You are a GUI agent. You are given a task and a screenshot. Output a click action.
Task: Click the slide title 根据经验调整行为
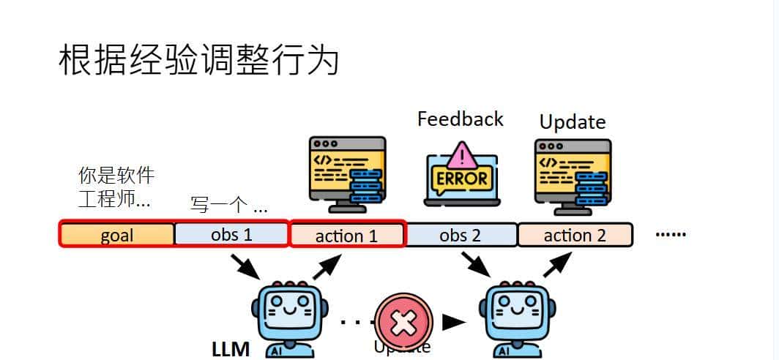point(198,61)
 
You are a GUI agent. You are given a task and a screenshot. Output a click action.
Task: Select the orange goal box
point(116,235)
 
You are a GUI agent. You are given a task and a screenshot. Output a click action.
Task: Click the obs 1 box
point(231,235)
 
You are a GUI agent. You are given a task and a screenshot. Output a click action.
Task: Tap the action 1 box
point(347,236)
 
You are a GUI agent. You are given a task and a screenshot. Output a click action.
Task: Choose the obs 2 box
point(461,235)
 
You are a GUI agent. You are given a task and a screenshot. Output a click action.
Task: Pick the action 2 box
point(575,235)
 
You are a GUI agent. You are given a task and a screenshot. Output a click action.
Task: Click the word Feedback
point(460,119)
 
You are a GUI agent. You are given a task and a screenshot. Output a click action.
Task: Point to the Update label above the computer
point(573,121)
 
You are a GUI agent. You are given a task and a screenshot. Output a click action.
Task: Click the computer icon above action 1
point(347,173)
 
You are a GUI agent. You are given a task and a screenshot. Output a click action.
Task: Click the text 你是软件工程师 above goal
point(116,187)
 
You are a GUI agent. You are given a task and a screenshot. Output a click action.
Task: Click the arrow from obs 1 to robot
point(245,266)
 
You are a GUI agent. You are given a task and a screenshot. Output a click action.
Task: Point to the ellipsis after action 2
point(670,235)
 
